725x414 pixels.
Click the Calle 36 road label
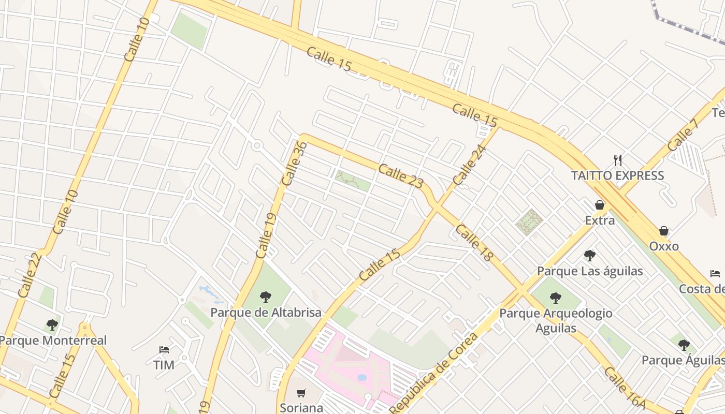[x=295, y=164]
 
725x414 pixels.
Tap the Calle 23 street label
[x=401, y=176]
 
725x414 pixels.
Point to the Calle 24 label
[x=470, y=165]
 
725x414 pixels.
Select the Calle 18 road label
[x=474, y=242]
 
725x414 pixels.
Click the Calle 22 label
[x=30, y=274]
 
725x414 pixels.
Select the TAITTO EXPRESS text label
[x=617, y=175]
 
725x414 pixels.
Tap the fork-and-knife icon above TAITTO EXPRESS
[x=617, y=160]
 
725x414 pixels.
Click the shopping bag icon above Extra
[x=600, y=205]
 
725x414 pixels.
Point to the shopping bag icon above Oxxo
[x=664, y=231]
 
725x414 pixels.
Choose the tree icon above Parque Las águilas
[x=589, y=255]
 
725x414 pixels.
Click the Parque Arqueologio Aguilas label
[x=556, y=320]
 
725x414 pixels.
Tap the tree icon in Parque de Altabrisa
[x=266, y=297]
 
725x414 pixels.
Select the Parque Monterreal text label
[x=53, y=341]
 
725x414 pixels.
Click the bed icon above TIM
[x=164, y=350]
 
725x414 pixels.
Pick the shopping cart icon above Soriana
[x=301, y=393]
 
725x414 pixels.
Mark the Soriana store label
[x=301, y=408]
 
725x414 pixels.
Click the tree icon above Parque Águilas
[x=684, y=345]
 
